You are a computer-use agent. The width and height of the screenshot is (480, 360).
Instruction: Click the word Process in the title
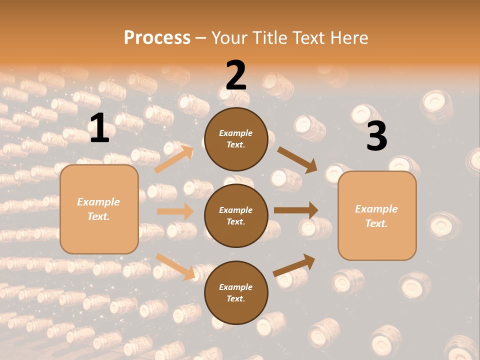(157, 37)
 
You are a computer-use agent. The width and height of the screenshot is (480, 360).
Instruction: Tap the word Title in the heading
(266, 37)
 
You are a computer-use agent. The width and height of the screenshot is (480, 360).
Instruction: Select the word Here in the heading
(348, 37)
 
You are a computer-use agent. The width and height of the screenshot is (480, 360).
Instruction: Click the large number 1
(99, 128)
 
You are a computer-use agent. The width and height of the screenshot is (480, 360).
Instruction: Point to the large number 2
(236, 75)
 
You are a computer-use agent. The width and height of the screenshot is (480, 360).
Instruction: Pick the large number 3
(376, 136)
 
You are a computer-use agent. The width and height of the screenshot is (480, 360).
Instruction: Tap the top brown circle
(235, 139)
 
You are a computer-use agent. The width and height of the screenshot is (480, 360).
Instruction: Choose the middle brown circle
(235, 216)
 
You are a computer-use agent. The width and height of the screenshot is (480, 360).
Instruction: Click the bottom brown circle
(235, 293)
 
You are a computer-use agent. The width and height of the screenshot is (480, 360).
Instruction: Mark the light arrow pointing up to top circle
(174, 159)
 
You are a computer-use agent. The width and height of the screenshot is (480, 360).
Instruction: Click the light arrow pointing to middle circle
(175, 211)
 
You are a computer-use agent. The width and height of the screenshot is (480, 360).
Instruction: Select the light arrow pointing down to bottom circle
(175, 266)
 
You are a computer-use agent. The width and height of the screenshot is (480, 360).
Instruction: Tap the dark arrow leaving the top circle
(297, 159)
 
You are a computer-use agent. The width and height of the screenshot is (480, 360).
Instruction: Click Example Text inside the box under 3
(376, 216)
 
